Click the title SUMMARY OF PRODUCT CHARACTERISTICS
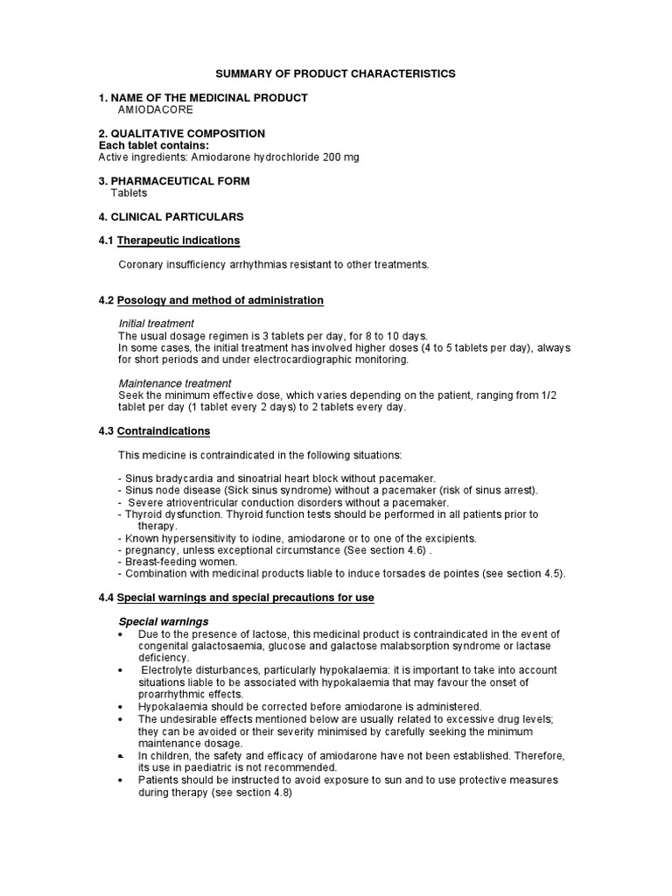click(x=336, y=74)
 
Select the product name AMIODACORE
click(x=156, y=110)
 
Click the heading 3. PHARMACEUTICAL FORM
click(x=174, y=181)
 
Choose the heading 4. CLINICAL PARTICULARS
click(x=171, y=216)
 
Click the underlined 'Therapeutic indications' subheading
click(x=178, y=241)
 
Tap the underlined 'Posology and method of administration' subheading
click(x=220, y=300)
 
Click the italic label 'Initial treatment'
click(x=157, y=324)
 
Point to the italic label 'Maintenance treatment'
click(x=175, y=383)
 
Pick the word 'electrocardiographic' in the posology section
click(x=290, y=360)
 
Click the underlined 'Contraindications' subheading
click(x=164, y=431)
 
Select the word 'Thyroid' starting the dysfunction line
click(x=141, y=514)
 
